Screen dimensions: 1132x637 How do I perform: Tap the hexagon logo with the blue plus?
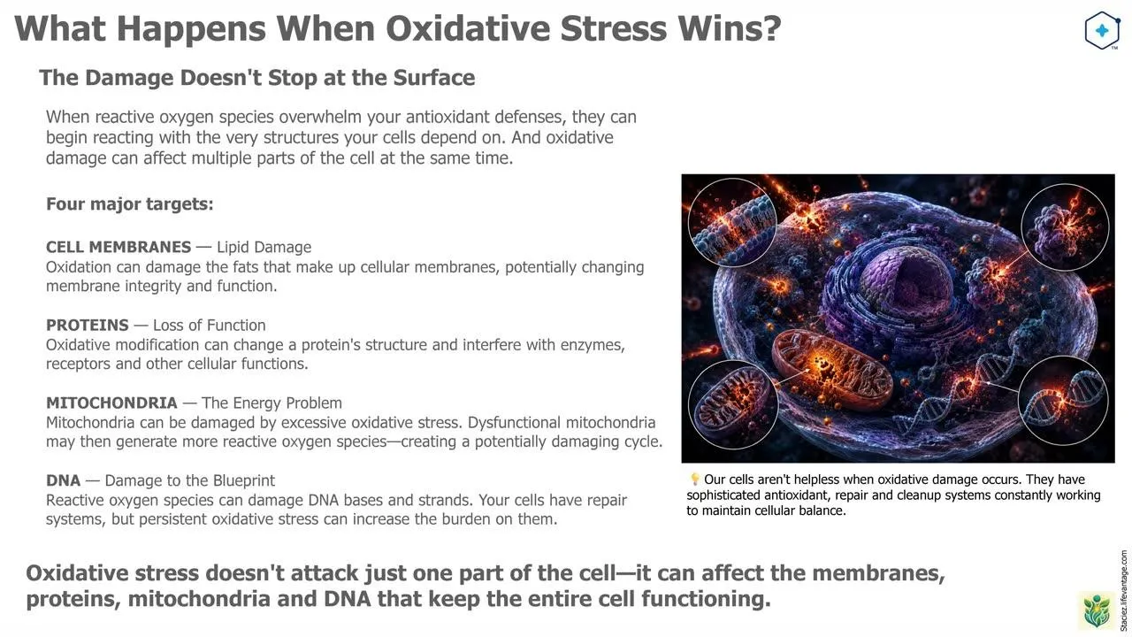[1102, 30]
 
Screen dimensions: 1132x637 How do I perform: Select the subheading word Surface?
[434, 78]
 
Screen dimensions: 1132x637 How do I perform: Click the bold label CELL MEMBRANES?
[119, 247]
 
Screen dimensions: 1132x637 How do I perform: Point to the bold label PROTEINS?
[87, 325]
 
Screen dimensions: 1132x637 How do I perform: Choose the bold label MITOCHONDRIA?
[111, 403]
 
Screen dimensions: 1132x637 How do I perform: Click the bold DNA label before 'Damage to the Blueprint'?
[63, 480]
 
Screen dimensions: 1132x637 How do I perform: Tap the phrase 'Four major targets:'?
[130, 203]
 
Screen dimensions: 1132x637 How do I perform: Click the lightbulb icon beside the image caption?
[695, 479]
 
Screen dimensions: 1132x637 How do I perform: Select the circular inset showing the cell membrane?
[732, 222]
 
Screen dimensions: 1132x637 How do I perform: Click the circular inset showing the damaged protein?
[1066, 228]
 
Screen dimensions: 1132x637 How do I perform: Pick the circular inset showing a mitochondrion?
[733, 404]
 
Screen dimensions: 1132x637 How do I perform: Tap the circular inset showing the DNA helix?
[1063, 401]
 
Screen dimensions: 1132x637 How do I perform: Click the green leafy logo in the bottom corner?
[1097, 610]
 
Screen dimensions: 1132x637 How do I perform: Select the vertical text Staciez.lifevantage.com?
[1123, 590]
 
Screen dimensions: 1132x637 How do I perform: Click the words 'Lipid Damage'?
[264, 247]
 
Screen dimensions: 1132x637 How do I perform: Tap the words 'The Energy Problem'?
[272, 403]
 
